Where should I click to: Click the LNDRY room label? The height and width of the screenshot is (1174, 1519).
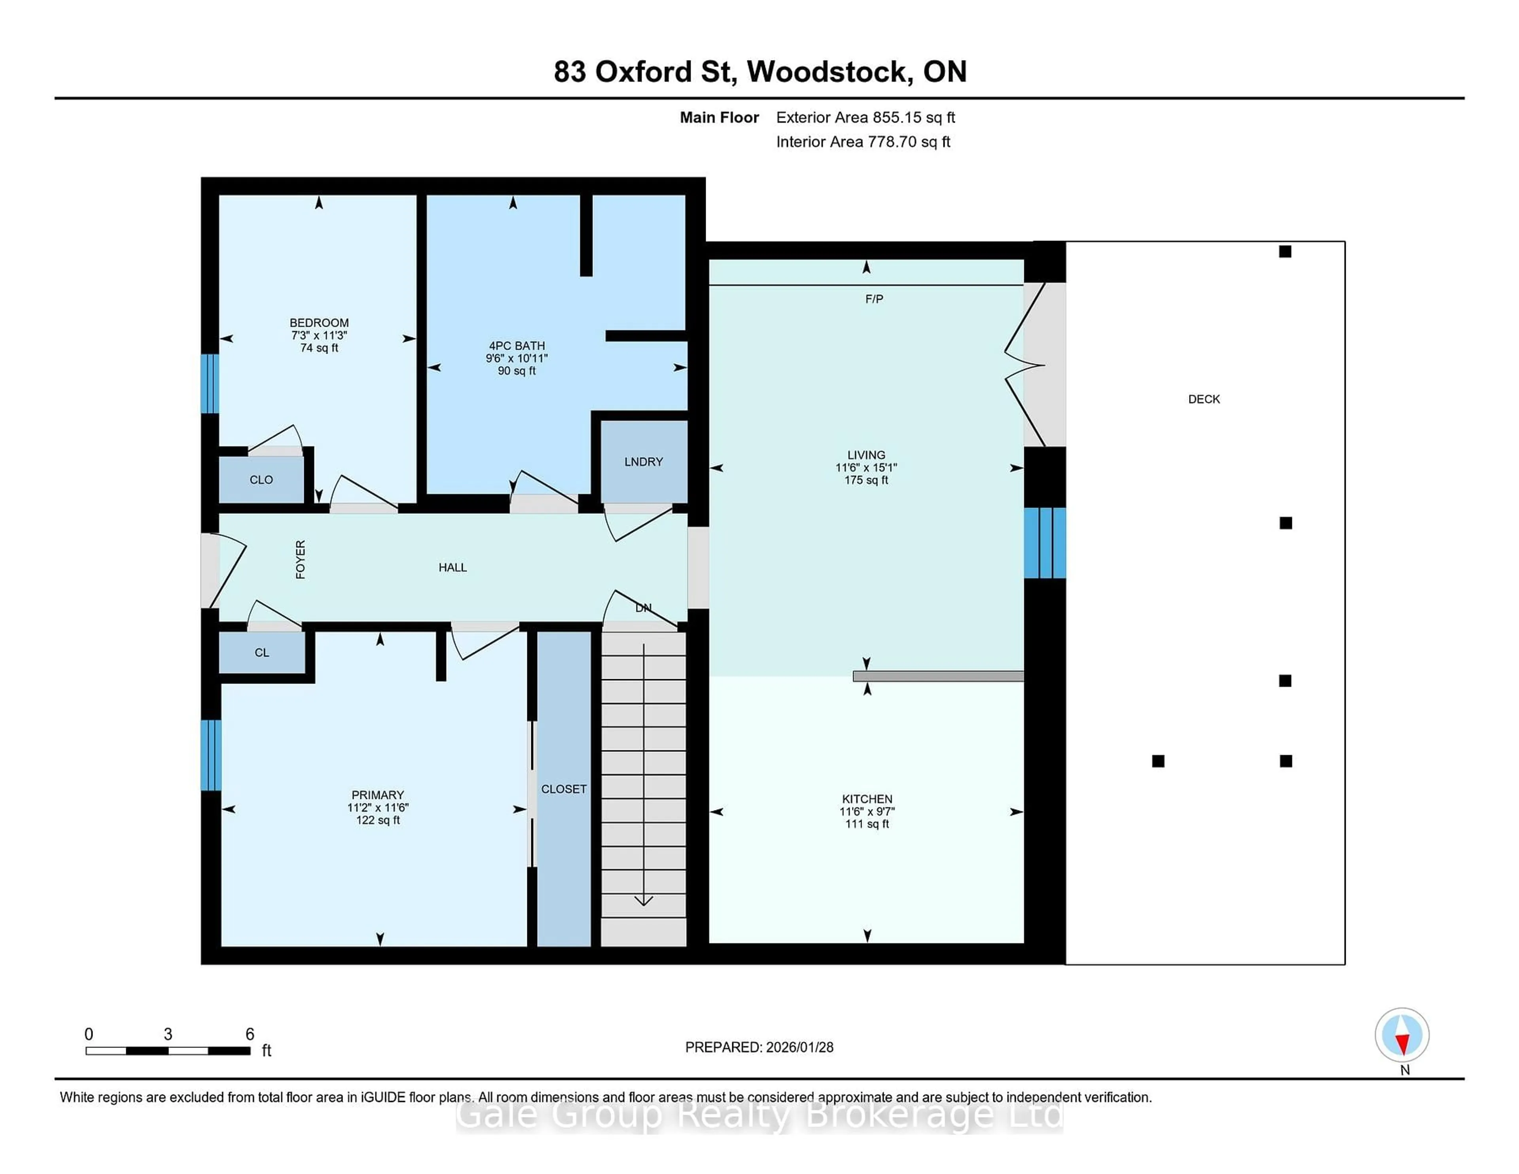point(643,462)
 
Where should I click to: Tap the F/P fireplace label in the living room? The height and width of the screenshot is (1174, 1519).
point(874,299)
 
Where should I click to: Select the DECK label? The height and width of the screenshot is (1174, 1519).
point(1204,399)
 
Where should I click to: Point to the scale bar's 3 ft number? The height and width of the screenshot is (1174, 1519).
point(168,1034)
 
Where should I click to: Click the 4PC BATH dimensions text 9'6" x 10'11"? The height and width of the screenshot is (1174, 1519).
point(517,358)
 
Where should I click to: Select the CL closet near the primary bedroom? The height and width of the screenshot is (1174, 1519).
point(261,652)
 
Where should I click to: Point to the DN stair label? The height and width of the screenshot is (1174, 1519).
point(643,608)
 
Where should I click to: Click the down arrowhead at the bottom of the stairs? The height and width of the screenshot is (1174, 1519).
point(643,901)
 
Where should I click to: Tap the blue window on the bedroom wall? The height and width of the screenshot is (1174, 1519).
point(210,384)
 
